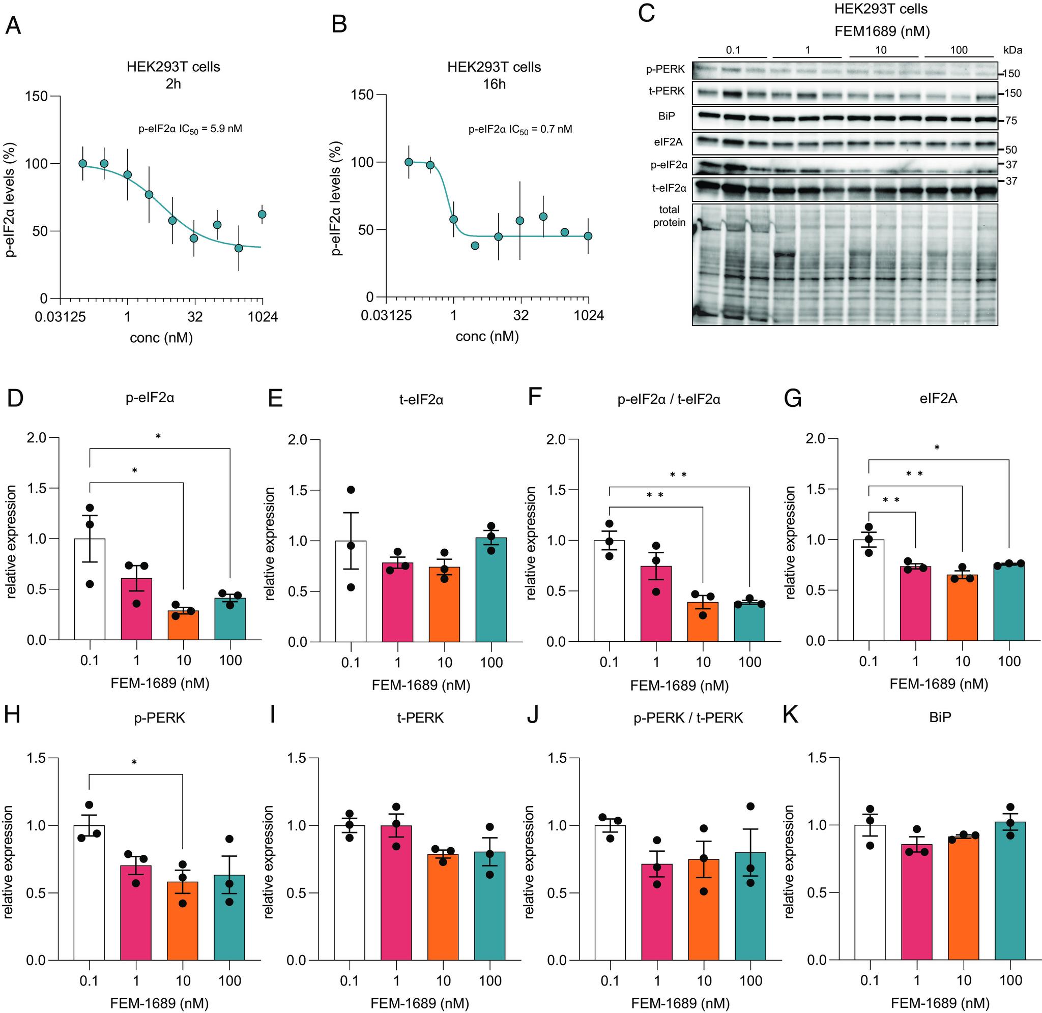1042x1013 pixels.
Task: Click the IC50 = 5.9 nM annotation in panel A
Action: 190,129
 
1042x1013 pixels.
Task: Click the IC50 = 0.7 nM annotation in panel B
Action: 520,129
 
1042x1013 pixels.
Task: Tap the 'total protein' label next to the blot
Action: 669,216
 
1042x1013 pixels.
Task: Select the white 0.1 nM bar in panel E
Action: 351,590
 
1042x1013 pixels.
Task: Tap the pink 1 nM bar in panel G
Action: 915,603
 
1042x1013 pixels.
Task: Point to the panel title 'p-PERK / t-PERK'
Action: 687,718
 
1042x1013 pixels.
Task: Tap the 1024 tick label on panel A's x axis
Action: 263,317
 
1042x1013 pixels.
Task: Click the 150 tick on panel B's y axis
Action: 362,95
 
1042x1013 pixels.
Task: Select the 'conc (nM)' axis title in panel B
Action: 486,336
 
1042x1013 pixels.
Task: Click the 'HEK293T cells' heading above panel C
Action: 881,9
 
